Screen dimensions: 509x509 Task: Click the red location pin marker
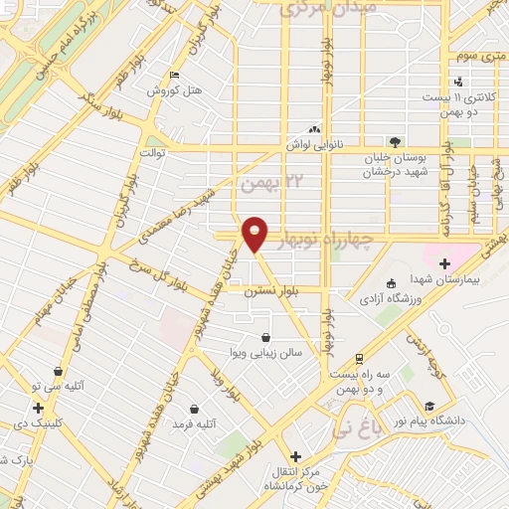[255, 233]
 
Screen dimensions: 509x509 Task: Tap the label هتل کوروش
[175, 91]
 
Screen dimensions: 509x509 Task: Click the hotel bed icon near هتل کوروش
[175, 75]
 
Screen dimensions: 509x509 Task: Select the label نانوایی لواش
[315, 146]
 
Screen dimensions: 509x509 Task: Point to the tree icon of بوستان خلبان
[395, 141]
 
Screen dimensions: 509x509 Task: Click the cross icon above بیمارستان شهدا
[443, 262]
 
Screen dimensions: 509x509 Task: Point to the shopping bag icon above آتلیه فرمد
[194, 408]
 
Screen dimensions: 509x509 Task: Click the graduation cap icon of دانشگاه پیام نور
[429, 406]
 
